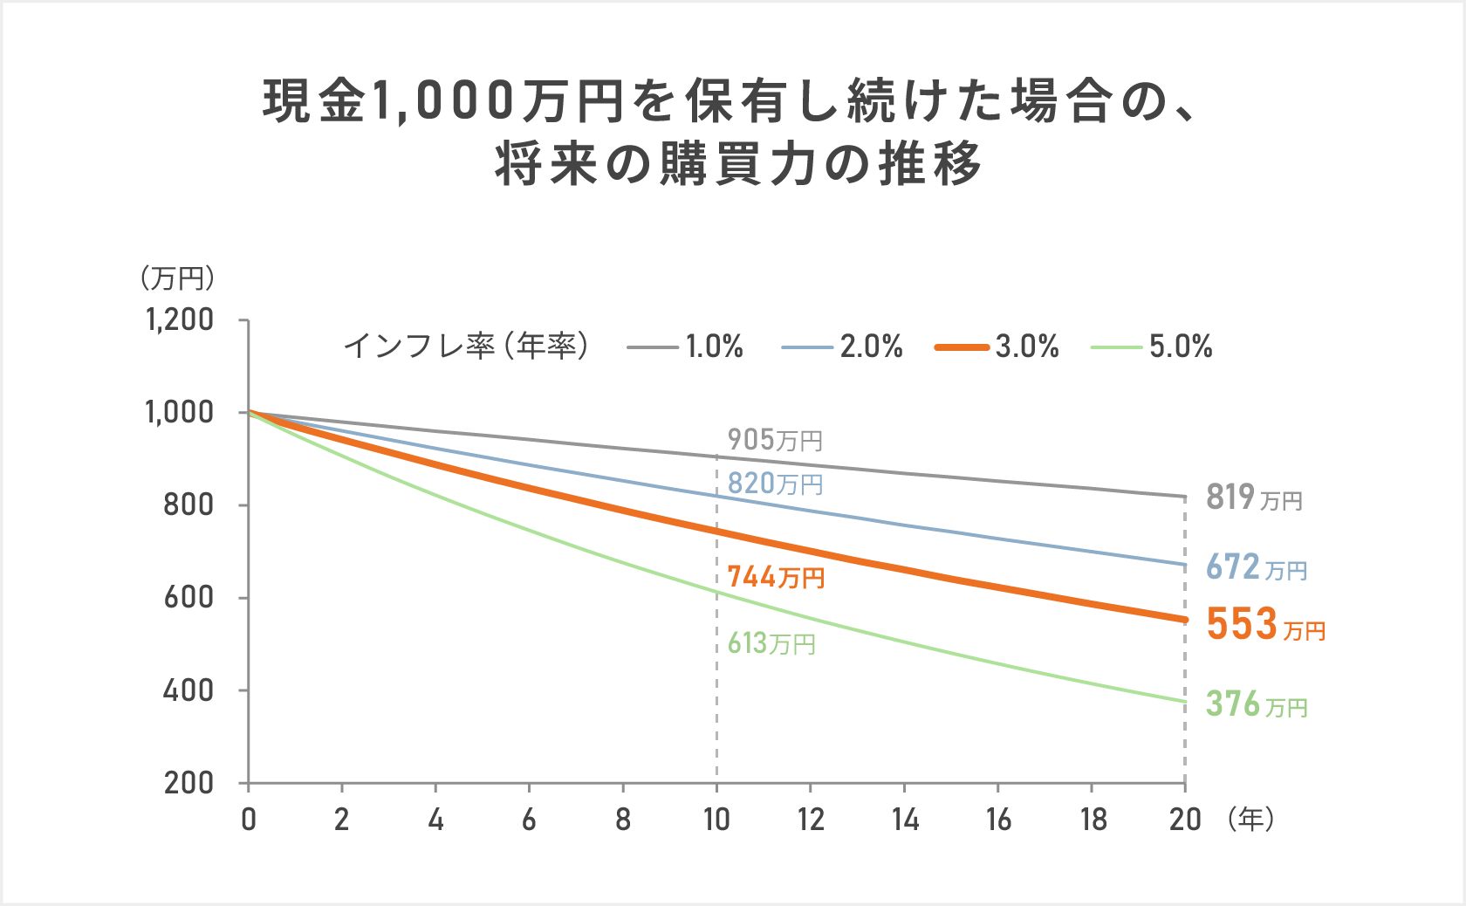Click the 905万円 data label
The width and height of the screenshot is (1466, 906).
coord(775,440)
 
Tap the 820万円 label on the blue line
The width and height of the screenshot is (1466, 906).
coord(775,484)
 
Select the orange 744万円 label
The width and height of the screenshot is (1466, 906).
coord(776,577)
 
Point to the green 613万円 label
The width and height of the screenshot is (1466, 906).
coord(771,644)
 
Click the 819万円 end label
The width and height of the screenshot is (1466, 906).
coord(1254,498)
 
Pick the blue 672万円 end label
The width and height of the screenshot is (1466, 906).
coord(1256,567)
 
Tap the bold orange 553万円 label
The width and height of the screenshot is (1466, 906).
coord(1265,625)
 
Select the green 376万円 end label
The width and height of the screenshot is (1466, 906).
coord(1256,704)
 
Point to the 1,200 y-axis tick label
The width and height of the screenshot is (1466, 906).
coord(180,319)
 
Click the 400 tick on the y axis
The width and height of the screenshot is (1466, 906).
coord(188,690)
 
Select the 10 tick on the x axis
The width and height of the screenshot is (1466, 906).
coord(716,820)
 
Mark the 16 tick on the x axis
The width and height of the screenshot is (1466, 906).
coord(998,820)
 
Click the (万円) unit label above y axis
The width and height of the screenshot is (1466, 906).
coord(177,278)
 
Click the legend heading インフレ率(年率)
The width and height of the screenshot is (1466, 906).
coord(466,347)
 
